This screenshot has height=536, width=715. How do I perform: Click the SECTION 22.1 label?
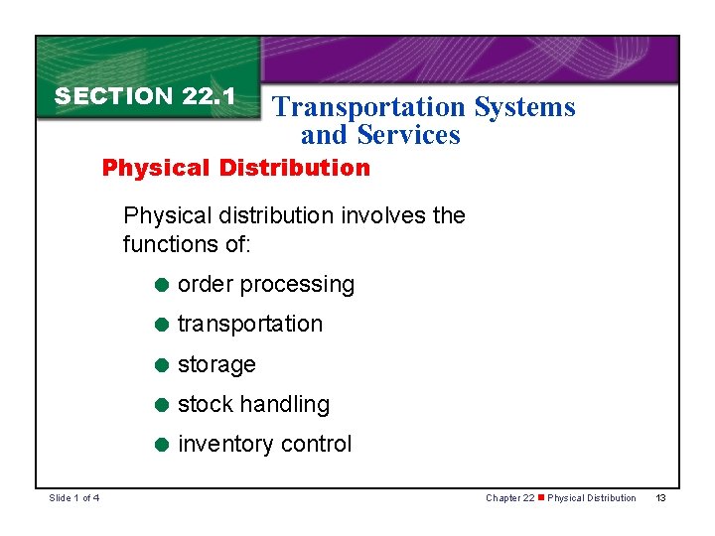(145, 96)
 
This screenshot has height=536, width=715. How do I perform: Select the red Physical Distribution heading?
(236, 168)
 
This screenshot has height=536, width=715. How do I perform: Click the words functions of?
(187, 243)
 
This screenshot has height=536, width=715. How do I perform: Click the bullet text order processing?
(266, 285)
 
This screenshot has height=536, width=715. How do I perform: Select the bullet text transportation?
(250, 325)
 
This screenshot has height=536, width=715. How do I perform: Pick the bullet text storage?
(216, 365)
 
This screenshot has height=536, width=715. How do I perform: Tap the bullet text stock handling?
(253, 405)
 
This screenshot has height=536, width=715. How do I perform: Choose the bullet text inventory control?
(264, 445)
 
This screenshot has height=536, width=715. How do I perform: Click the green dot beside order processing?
(161, 285)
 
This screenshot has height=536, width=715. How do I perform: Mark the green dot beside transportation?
(161, 325)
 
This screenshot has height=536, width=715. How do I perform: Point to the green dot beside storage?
(161, 364)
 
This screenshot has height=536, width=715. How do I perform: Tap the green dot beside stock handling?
(161, 405)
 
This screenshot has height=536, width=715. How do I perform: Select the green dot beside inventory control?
(161, 445)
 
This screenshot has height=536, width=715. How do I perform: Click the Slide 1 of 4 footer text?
(74, 498)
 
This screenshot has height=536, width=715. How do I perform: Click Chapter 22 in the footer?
(510, 498)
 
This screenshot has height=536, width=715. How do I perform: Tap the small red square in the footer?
(542, 498)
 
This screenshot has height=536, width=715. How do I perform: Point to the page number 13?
(660, 498)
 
